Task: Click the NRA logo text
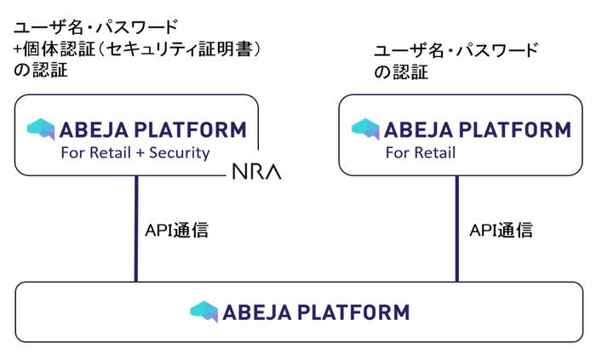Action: [256, 173]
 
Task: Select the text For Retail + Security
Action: [135, 153]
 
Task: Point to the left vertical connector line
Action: [135, 228]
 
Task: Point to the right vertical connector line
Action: [456, 228]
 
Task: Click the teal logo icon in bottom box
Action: [204, 311]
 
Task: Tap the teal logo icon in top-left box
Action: [41, 129]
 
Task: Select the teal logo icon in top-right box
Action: [366, 129]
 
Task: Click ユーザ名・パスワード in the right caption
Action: [456, 50]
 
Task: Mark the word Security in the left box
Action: [179, 153]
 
